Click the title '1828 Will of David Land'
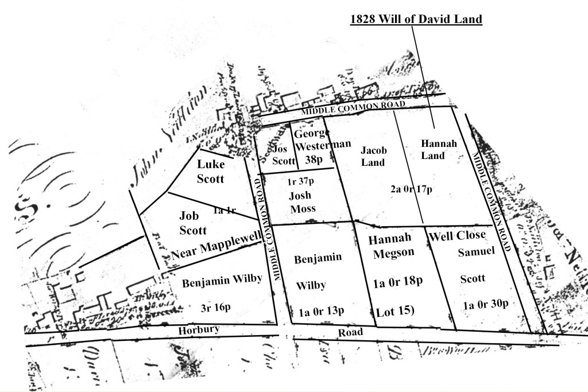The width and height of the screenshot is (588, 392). [x=416, y=19]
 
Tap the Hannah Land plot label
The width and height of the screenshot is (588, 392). [x=439, y=149]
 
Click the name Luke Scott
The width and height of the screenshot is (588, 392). [x=210, y=171]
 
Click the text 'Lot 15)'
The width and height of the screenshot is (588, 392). [x=395, y=312]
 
